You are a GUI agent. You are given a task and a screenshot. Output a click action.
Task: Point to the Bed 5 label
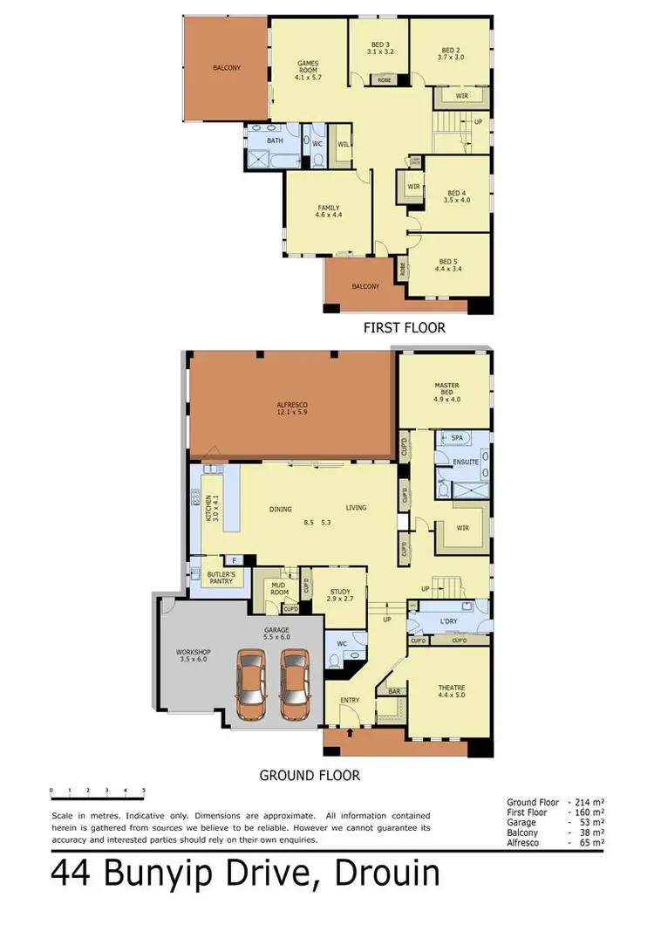pyautogui.click(x=447, y=265)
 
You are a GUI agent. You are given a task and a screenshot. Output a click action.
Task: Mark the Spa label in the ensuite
pyautogui.click(x=457, y=438)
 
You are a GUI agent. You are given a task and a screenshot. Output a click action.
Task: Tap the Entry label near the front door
pyautogui.click(x=350, y=700)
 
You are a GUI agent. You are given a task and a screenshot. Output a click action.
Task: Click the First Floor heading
pyautogui.click(x=404, y=328)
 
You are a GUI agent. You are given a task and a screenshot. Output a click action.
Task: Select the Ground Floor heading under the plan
pyautogui.click(x=310, y=775)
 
